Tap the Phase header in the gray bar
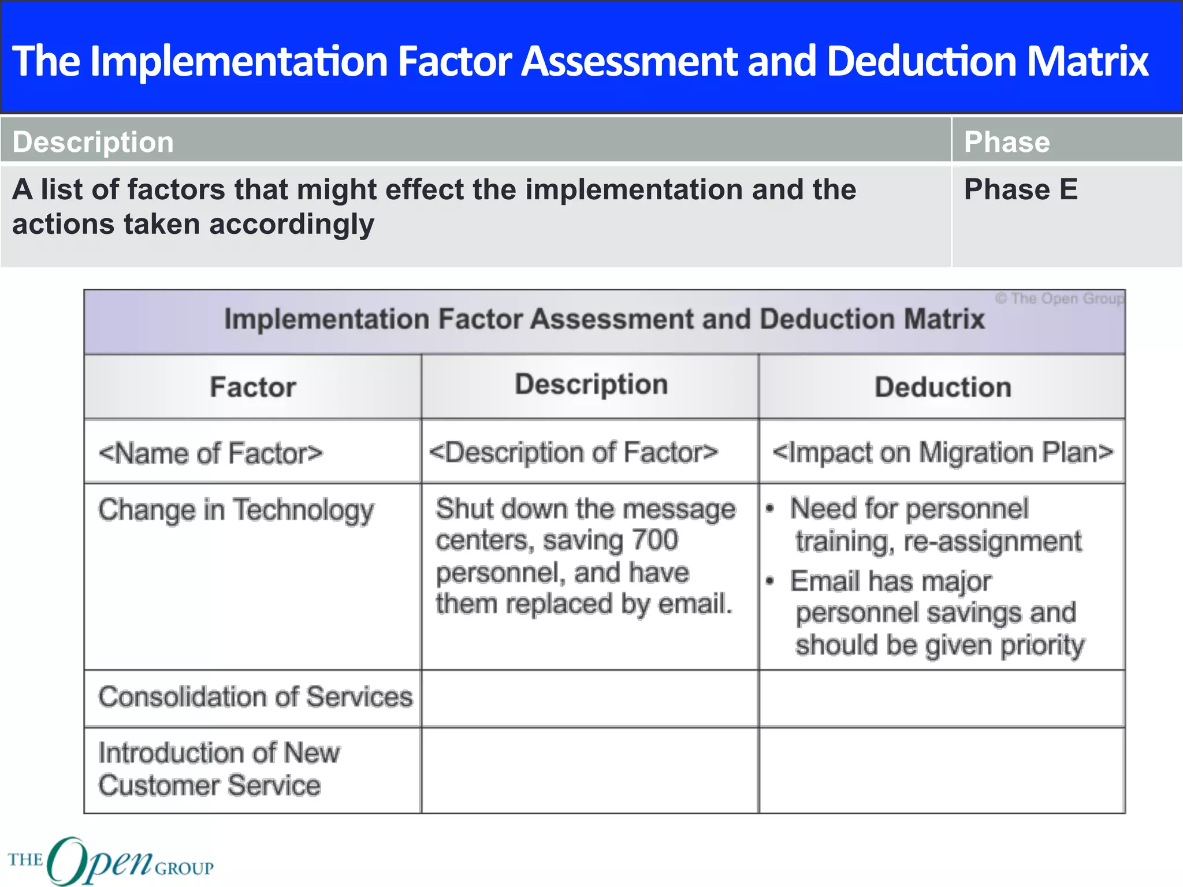[x=1007, y=142]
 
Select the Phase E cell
[x=1021, y=189]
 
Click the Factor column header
[x=253, y=387]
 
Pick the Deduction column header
[x=943, y=387]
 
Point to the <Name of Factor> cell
[x=211, y=453]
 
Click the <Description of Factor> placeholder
[x=574, y=452]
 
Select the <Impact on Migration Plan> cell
[x=943, y=452]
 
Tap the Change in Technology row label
[x=236, y=510]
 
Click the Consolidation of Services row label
[x=256, y=697]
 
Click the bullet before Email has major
[x=770, y=582]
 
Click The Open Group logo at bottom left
[x=110, y=860]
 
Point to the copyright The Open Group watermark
[x=1059, y=299]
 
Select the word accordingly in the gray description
[x=292, y=225]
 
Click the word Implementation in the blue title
[x=239, y=61]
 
